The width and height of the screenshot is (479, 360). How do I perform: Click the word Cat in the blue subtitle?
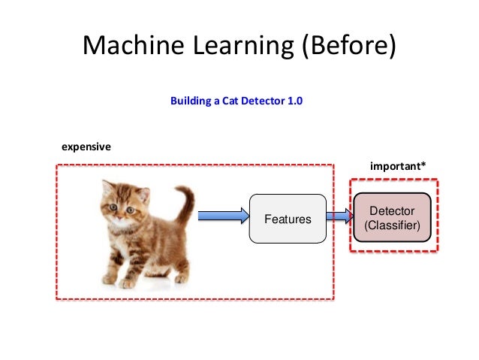point(230,100)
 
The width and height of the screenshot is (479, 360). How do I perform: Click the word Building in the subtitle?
point(191,100)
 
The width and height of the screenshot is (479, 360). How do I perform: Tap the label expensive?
point(86,147)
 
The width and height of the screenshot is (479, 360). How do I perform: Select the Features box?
point(288,219)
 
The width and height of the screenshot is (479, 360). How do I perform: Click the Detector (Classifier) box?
point(391,217)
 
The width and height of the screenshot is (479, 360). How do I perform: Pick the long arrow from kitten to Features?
point(222,216)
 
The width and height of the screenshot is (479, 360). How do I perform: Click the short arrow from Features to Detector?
point(339,216)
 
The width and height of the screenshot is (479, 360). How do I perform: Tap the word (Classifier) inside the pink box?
point(391,225)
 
